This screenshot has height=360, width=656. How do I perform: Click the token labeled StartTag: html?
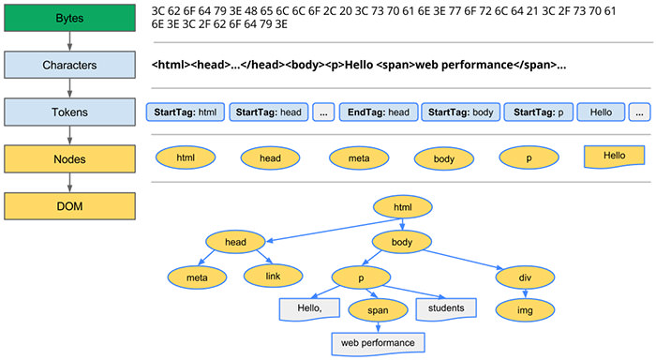click(186, 112)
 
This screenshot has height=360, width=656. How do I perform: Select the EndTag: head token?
click(378, 112)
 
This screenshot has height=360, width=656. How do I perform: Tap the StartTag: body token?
click(460, 112)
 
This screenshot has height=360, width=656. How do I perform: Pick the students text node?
click(446, 307)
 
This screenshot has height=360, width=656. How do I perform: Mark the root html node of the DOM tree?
click(402, 207)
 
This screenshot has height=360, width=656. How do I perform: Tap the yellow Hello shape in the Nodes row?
click(613, 156)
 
